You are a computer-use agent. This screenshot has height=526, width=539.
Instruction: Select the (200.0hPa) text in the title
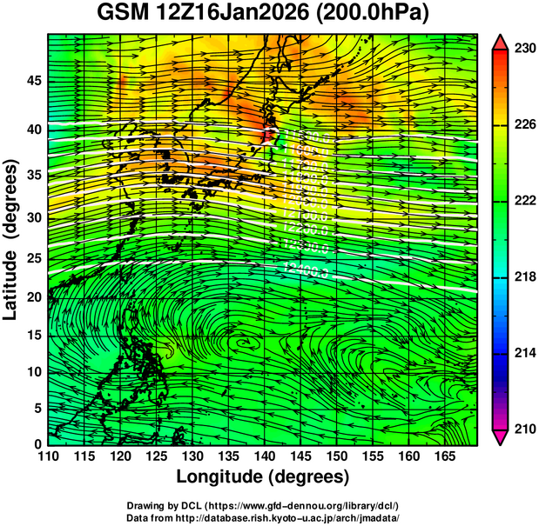[x=380, y=15]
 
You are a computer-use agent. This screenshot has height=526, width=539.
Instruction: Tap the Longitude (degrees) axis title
[x=263, y=476]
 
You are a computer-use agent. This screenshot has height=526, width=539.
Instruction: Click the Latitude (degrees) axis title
[x=11, y=239]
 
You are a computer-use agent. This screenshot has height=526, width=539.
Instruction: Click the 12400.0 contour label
[x=306, y=271]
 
